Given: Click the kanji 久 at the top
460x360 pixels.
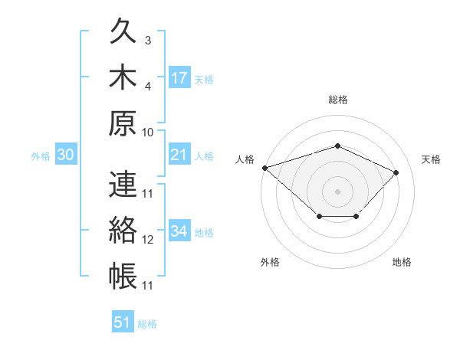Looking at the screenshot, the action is (x=123, y=31).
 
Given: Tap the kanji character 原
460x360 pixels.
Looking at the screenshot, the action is (x=123, y=123).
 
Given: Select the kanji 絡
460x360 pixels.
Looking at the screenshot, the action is (x=123, y=230).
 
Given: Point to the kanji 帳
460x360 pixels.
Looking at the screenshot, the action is (x=123, y=276).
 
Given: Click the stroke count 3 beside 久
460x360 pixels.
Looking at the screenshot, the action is (x=148, y=41).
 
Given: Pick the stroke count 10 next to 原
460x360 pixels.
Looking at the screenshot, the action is (x=147, y=133).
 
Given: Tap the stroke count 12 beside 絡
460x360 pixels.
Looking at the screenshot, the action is (x=147, y=240).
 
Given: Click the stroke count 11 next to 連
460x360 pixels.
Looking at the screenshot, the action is (x=147, y=194).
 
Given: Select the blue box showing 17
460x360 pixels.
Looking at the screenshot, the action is (x=179, y=77).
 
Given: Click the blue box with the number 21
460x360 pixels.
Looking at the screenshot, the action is (x=179, y=154).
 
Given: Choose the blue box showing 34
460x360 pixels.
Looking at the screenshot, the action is (x=179, y=230).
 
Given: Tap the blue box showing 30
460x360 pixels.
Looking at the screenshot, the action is (x=66, y=154).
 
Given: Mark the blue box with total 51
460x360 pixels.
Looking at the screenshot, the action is (x=123, y=321).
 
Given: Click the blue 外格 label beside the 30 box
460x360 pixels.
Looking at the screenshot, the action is (x=41, y=156).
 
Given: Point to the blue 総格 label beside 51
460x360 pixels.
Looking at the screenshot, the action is (x=147, y=324).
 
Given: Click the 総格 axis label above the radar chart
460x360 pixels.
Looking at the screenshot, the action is (x=338, y=100).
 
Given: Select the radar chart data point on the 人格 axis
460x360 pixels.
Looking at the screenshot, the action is (x=265, y=168).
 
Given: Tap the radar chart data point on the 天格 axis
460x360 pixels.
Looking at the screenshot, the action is (x=396, y=172).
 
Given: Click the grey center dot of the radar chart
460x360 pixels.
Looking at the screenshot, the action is (x=337, y=191).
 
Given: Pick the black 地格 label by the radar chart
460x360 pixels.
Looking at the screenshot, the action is (x=402, y=262).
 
